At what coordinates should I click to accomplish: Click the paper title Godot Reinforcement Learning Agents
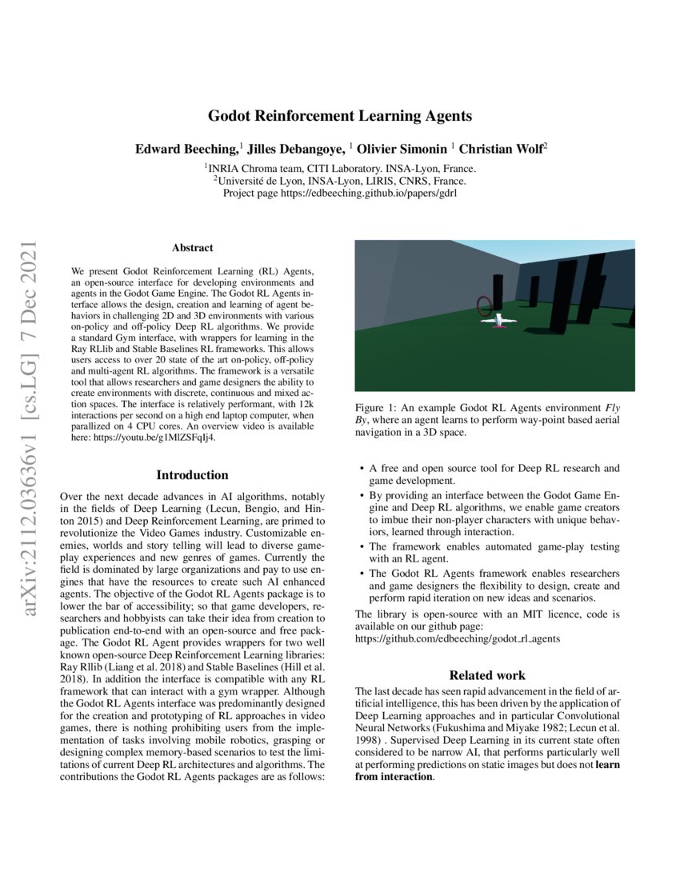point(340,116)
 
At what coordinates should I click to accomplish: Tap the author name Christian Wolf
point(500,149)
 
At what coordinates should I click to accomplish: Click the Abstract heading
point(192,248)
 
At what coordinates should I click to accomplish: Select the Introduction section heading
point(192,475)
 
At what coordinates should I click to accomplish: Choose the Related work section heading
point(487,675)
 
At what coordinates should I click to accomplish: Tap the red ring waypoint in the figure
point(484,305)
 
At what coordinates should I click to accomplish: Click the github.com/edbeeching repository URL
point(458,639)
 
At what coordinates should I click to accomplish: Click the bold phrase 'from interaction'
point(394,777)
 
